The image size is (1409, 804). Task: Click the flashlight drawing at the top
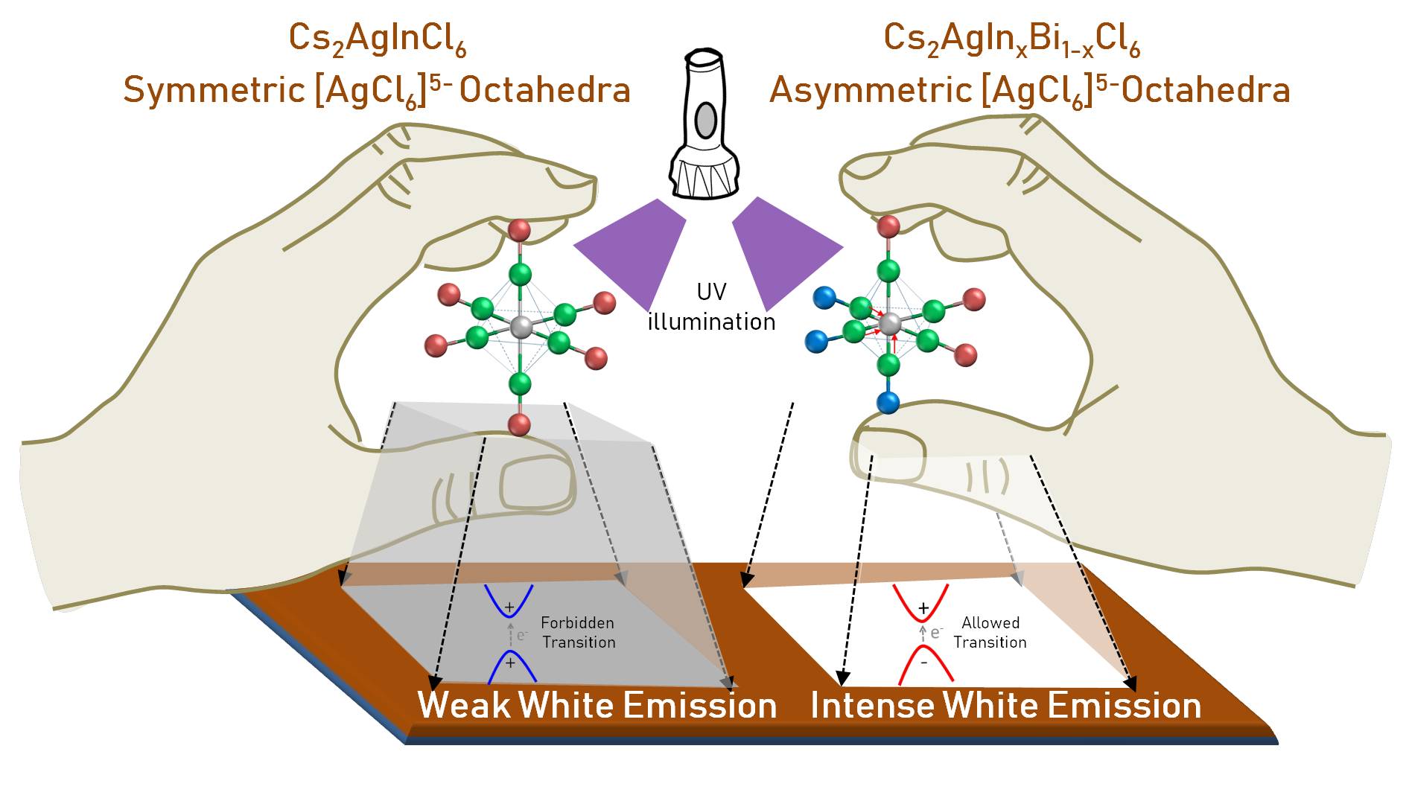(704, 127)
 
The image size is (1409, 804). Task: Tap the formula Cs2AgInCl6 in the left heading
(377, 39)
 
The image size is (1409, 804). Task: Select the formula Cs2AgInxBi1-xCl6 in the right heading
(1011, 39)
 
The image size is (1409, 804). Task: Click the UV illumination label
(711, 307)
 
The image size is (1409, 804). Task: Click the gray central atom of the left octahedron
(521, 326)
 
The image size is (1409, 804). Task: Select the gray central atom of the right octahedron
(889, 324)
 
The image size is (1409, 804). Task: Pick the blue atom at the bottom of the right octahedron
(888, 403)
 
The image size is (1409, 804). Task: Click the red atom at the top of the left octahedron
(520, 230)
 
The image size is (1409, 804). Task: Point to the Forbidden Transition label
(578, 632)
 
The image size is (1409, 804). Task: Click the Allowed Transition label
(990, 632)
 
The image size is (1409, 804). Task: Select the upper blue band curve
(509, 599)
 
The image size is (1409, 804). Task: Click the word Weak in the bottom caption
(463, 705)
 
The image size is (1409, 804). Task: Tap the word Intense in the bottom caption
(871, 705)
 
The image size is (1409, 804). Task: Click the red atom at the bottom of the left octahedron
(519, 425)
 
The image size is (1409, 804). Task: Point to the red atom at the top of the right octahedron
(888, 226)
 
